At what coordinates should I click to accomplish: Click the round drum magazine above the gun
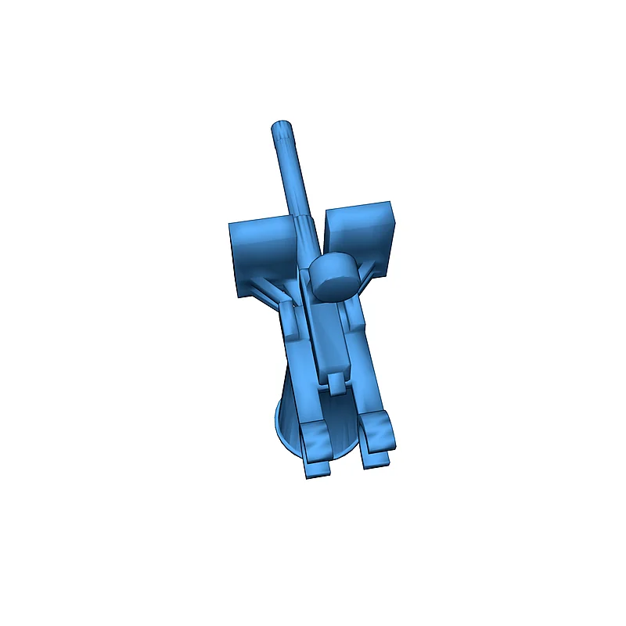[x=334, y=276]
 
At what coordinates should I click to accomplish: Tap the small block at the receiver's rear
[x=335, y=383]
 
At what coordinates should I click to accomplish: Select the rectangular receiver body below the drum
[x=329, y=336]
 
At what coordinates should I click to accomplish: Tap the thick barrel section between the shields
[x=306, y=235]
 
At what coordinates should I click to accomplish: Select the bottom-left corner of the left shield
[x=236, y=293]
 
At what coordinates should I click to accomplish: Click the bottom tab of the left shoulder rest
[x=316, y=470]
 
